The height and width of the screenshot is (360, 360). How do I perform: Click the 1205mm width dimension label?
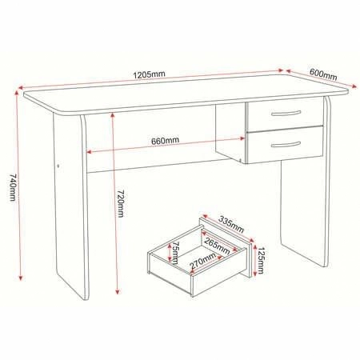150,74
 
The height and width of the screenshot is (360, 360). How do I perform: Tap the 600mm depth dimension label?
323,74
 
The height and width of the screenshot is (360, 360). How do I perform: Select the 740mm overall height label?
13,188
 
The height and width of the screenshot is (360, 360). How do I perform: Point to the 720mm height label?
121,203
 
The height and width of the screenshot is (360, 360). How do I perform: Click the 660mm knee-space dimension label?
166,140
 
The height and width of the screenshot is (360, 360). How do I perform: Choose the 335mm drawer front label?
231,224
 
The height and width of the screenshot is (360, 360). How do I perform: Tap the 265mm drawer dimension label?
217,246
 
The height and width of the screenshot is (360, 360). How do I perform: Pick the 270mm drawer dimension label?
202,260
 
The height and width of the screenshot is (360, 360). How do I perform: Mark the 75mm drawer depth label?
175,253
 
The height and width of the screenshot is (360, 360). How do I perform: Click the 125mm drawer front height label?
261,261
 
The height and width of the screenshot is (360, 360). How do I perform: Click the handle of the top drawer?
286,114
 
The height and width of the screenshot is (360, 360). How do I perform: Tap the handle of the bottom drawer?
286,145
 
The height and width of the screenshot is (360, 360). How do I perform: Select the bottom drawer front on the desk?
286,144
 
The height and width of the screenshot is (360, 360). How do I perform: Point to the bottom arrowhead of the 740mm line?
20,278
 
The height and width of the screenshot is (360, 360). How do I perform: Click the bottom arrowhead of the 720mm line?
118,291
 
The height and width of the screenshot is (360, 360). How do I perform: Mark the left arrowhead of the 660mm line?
90,152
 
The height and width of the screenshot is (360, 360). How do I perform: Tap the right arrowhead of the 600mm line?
354,86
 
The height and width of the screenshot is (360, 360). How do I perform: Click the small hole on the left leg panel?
58,166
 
